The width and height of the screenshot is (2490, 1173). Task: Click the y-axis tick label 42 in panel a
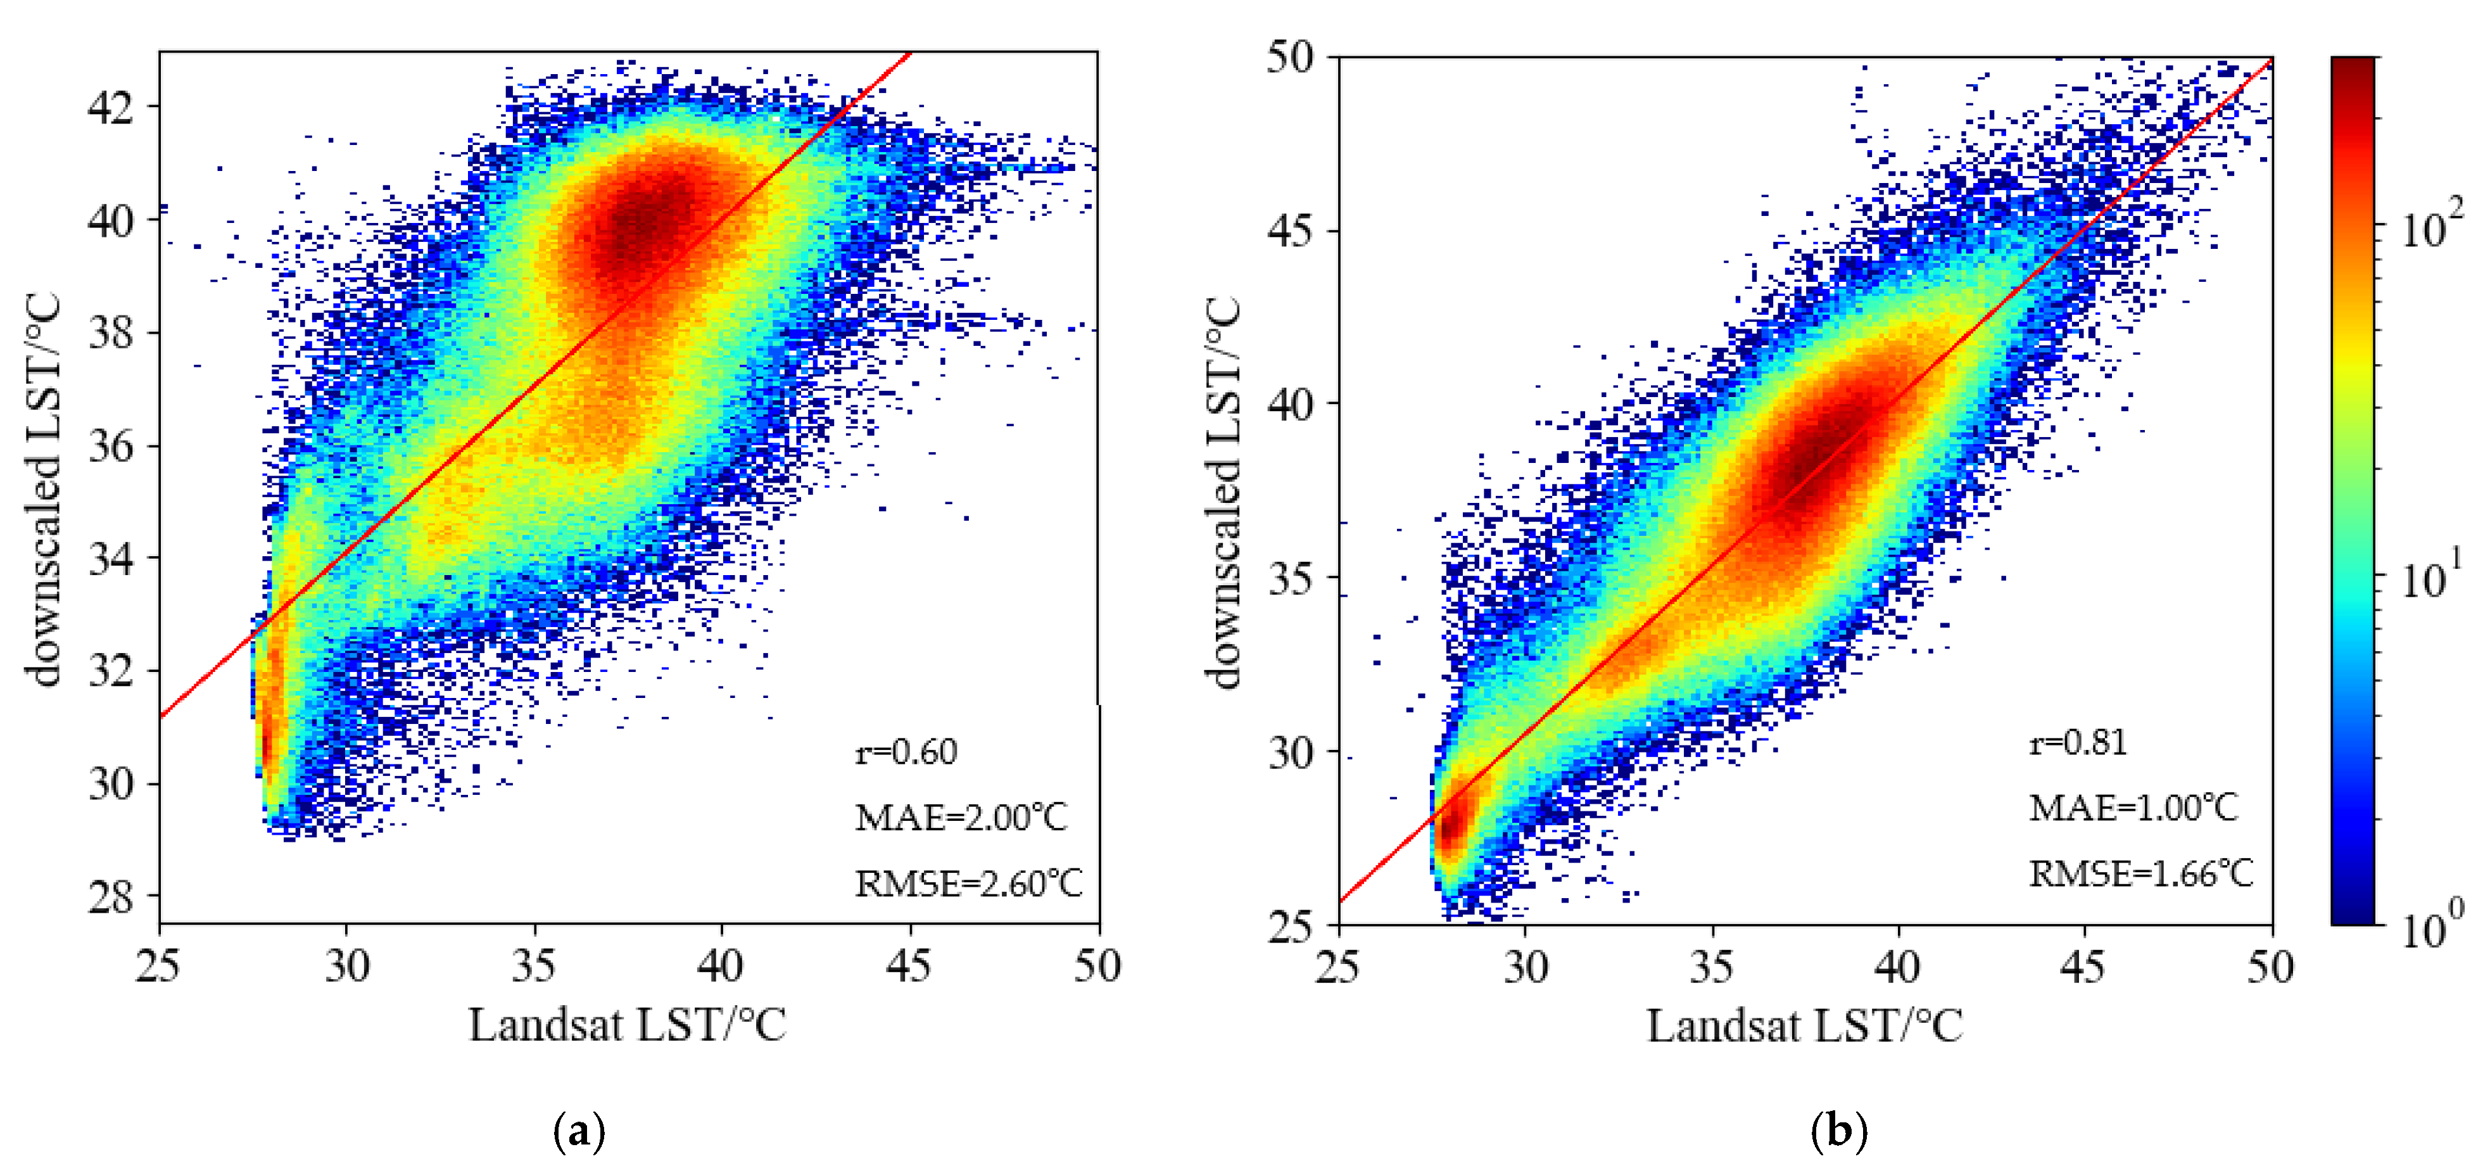(110, 107)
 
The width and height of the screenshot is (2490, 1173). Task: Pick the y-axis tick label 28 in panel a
(110, 897)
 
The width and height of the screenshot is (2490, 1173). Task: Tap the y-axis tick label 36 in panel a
(110, 446)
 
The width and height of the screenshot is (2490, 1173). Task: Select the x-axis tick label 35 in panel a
(534, 966)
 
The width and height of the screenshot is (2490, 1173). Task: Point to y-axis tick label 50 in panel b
(1291, 58)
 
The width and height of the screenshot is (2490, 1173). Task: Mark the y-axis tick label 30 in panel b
(1291, 752)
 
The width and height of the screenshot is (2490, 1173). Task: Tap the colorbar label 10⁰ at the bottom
(2432, 929)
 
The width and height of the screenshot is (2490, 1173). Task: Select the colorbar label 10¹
(2432, 578)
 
